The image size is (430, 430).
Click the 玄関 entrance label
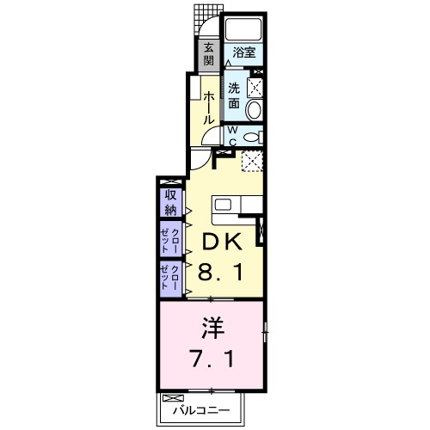[x=208, y=55]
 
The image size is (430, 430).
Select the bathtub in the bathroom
[x=243, y=28]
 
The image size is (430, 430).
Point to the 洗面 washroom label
[x=235, y=95]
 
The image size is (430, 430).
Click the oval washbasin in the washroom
[x=254, y=108]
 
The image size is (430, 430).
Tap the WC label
[x=233, y=135]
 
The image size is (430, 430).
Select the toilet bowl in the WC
[x=252, y=137]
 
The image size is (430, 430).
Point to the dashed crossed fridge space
[x=252, y=161]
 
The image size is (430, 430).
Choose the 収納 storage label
[x=169, y=203]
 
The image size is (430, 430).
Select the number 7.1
[x=211, y=357]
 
